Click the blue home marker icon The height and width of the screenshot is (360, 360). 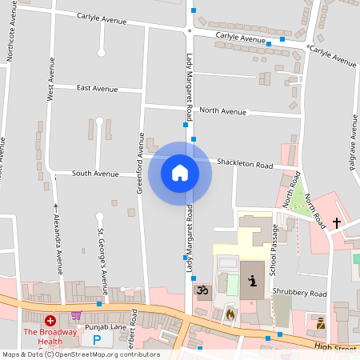coord(179,172)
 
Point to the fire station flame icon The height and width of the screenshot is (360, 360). coord(230,314)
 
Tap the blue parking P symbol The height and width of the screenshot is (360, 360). coord(98,340)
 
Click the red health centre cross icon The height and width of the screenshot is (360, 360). coord(50,319)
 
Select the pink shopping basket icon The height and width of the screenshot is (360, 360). coord(76,315)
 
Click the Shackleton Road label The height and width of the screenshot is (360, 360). coord(245,164)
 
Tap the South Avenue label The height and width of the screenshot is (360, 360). coord(95,173)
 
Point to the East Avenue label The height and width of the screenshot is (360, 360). coord(97,88)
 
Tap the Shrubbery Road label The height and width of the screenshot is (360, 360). coord(299,293)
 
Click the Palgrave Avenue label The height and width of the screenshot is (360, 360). coord(353,144)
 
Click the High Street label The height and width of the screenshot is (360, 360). coord(334,346)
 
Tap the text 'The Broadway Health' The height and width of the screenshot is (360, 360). coord(50,333)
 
